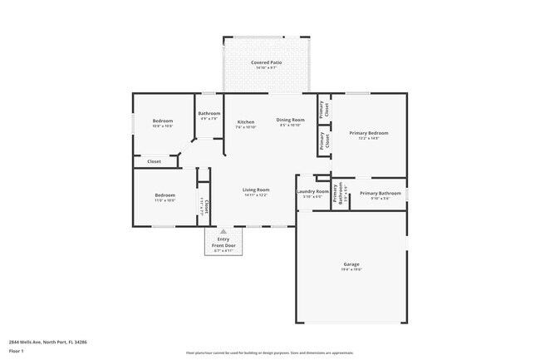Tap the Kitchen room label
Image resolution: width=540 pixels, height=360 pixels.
coord(246,121)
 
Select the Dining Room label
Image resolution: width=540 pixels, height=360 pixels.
coord(291,120)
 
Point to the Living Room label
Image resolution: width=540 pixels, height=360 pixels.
coord(256,190)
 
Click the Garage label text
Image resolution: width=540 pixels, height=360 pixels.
coord(352,264)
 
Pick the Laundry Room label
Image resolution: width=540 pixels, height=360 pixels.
coord(313,191)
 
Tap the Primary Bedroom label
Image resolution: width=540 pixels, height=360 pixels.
coord(369,133)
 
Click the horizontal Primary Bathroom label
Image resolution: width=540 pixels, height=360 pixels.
coord(380,194)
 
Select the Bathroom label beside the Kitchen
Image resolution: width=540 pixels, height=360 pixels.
coord(209,113)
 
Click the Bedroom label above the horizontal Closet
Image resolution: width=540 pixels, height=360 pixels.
coord(163,121)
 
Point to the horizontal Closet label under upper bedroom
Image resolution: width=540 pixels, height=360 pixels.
coord(155,161)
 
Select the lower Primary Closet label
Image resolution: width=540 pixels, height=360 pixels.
coord(323,141)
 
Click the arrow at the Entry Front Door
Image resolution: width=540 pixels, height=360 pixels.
coord(223,232)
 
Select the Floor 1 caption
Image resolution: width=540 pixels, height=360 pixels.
coord(17,350)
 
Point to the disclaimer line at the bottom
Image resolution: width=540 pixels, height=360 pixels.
coord(270,353)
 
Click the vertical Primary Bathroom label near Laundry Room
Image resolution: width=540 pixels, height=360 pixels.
coord(339,194)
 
